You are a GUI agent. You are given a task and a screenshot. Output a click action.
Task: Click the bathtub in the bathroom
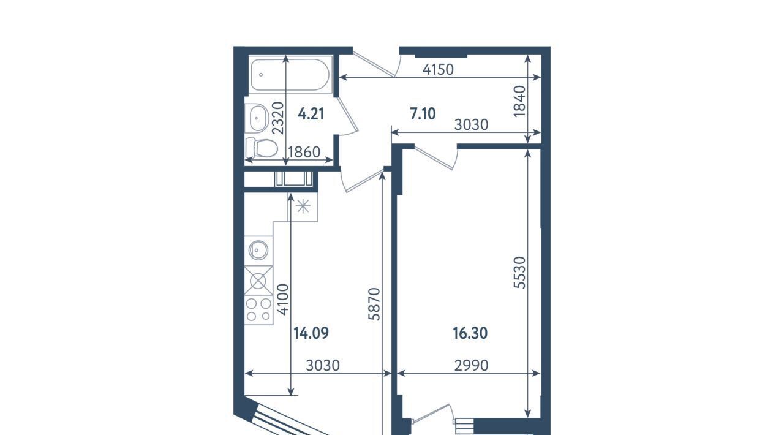click(290, 75)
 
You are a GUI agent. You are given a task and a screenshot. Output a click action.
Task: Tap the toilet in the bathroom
click(262, 148)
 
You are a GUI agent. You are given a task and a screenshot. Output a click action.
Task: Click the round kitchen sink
click(258, 251)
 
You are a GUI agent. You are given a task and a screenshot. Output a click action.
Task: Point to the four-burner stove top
click(258, 310)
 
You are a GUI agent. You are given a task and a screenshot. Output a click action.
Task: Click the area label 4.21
click(311, 114)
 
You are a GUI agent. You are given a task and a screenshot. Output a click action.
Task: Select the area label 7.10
click(423, 114)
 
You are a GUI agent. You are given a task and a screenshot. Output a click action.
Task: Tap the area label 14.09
click(311, 333)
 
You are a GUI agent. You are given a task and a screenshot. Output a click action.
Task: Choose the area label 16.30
click(470, 333)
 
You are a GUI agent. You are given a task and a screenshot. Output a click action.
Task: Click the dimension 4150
click(438, 70)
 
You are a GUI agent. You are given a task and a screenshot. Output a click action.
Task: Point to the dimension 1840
click(520, 101)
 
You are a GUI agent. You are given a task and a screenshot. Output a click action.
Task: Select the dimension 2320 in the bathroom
click(278, 118)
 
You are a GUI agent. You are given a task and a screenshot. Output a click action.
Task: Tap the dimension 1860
click(304, 153)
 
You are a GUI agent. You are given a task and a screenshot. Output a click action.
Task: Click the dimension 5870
click(374, 304)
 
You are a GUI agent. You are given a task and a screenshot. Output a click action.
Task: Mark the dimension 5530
click(520, 273)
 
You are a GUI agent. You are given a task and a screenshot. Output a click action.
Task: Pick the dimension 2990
click(471, 366)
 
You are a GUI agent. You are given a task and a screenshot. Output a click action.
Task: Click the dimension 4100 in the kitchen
click(283, 300)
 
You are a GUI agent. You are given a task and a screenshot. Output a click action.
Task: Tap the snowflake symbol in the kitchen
click(303, 206)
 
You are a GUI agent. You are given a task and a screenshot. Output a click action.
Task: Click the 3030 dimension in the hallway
click(471, 125)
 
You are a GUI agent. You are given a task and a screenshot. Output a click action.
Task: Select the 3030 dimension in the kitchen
click(323, 366)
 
